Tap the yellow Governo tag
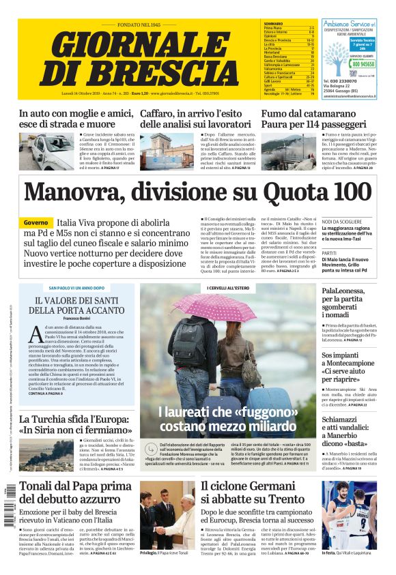pos(36,223)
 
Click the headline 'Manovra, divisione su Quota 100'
pos(197,192)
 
